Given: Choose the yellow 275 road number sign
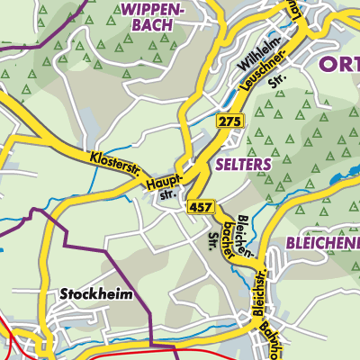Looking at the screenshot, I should (x=230, y=121).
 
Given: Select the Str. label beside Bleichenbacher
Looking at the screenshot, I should (x=214, y=240).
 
